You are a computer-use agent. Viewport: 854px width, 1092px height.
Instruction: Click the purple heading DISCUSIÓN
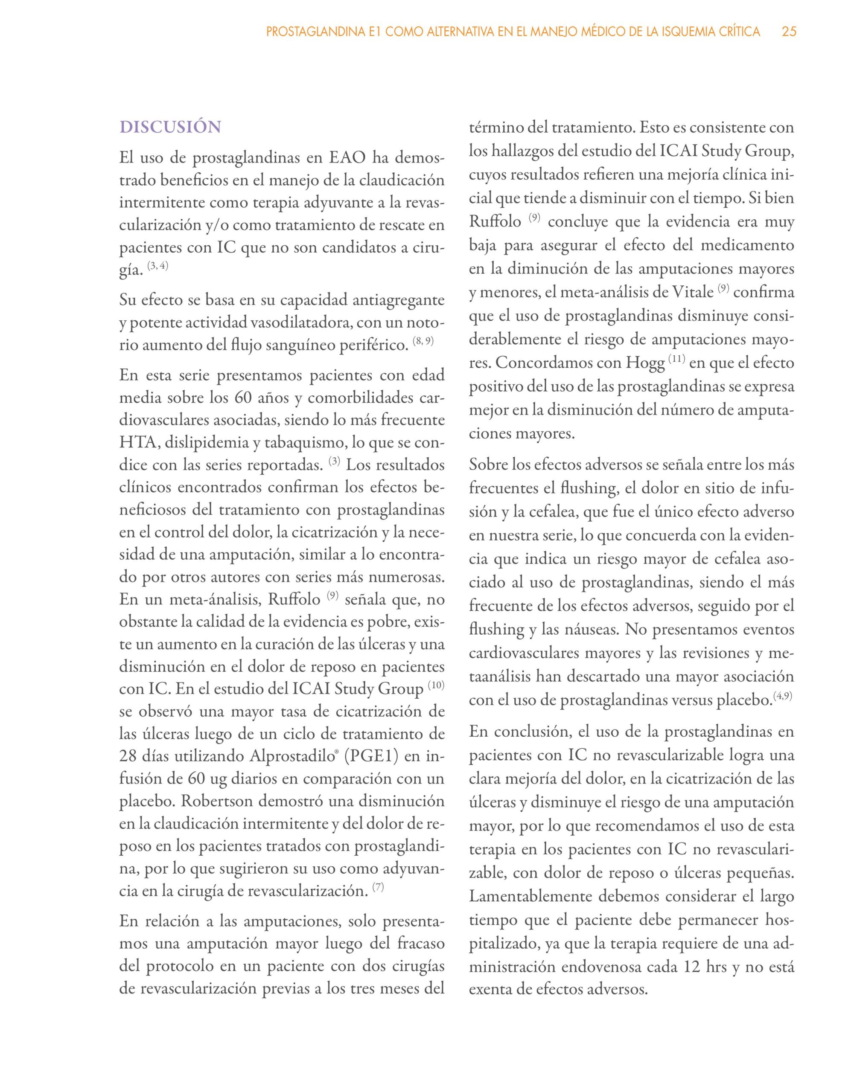pyautogui.click(x=170, y=127)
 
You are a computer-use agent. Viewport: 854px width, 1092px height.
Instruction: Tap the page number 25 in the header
pyautogui.click(x=789, y=32)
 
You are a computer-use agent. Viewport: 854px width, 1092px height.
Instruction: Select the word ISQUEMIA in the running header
pyautogui.click(x=672, y=32)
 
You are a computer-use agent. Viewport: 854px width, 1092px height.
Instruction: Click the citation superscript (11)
pyautogui.click(x=676, y=360)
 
